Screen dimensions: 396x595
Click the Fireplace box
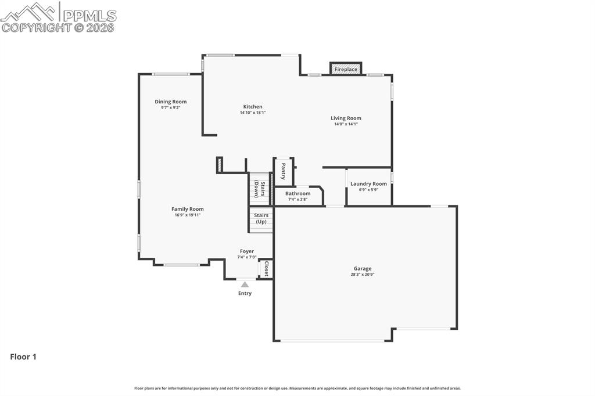coord(346,69)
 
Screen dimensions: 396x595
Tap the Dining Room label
coord(171,102)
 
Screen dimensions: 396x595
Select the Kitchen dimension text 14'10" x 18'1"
coord(253,113)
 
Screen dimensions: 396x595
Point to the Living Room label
coord(346,118)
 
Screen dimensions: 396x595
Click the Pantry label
coord(283,171)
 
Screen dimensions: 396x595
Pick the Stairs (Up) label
coord(261,218)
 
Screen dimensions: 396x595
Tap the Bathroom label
coord(297,193)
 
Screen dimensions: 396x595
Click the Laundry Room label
coord(368,183)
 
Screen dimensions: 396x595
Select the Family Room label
coord(187,209)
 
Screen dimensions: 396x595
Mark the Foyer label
coord(246,251)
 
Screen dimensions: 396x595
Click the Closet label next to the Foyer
coord(266,268)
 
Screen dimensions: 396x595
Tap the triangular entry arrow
coord(245,285)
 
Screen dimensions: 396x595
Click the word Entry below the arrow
coord(245,293)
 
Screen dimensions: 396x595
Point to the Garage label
coord(363,268)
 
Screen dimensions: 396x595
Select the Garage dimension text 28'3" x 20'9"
coord(363,274)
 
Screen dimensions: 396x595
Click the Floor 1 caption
coord(23,357)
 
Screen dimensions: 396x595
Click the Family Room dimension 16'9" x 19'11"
coord(187,215)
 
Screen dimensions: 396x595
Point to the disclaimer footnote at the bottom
coord(297,388)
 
